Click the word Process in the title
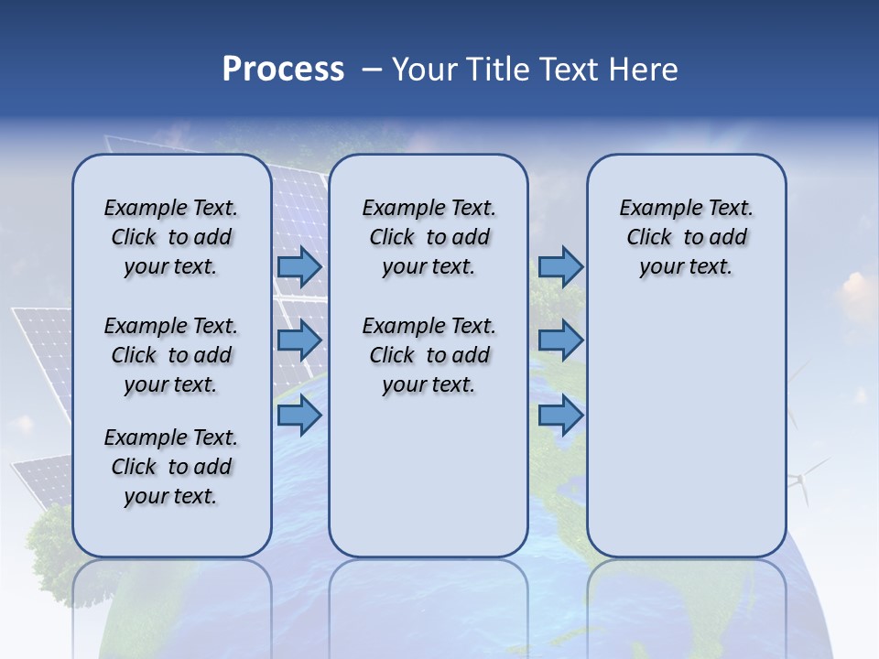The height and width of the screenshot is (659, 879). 283,70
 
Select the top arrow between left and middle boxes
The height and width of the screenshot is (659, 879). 299,267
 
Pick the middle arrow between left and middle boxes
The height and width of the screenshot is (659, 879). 299,340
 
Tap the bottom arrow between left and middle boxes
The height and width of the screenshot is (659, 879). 299,416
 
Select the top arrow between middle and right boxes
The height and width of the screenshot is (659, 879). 560,267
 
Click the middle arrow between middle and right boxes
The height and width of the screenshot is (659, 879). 560,340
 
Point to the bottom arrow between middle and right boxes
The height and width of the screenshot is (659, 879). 560,416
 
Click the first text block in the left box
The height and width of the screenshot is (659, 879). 171,237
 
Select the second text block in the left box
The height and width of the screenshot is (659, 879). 171,355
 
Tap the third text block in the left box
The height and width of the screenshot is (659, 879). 171,467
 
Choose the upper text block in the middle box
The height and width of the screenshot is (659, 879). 429,237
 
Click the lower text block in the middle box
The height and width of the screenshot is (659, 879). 429,355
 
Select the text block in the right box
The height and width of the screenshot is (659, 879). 686,237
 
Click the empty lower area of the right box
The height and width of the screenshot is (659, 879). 686,430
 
